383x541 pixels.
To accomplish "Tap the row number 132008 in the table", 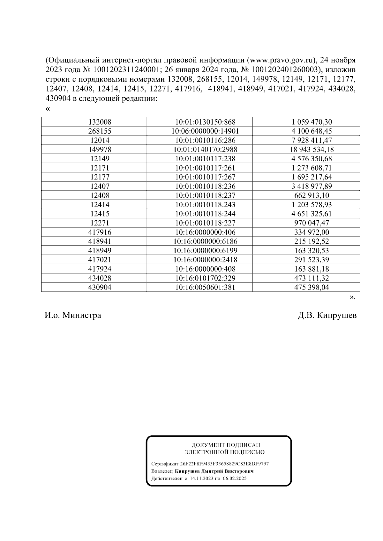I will point(100,122).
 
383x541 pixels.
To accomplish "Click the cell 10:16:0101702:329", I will point(205,278).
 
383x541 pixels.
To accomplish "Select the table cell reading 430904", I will point(100,288).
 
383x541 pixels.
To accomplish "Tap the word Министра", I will point(82,316).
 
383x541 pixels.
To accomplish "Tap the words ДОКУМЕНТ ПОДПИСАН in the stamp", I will point(225,445).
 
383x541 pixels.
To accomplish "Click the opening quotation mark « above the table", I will point(48,109).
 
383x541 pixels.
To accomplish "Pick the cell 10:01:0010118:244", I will point(205,214).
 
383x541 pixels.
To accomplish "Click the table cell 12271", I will point(100,223).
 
